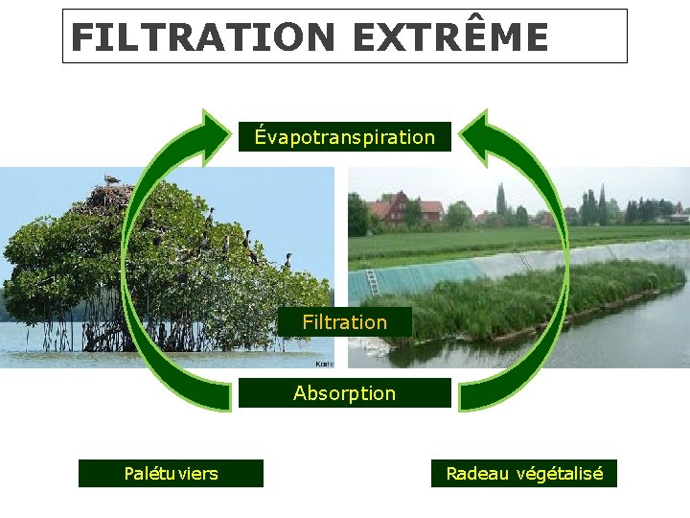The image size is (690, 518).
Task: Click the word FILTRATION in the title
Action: pos(201,37)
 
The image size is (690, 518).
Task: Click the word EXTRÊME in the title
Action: pos(449,37)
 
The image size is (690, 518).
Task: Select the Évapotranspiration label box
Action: pos(344,137)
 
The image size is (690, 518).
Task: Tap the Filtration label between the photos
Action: pos(344,322)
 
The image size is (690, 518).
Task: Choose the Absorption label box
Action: pos(344,393)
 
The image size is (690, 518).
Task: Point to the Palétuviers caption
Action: pos(171,474)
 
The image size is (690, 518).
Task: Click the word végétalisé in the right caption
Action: pos(560,474)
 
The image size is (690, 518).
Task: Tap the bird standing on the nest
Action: pos(112,179)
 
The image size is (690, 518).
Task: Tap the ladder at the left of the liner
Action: pos(372,281)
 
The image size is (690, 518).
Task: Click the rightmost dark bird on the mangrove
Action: pos(287,260)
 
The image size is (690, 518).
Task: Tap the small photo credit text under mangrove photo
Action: pos(324,365)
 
